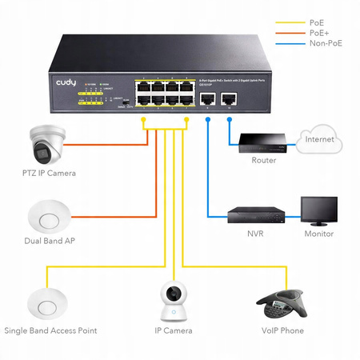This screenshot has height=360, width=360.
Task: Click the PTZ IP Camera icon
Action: (x=45, y=144)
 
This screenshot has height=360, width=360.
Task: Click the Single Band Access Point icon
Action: (x=45, y=301)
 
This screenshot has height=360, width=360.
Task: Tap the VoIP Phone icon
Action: (x=280, y=303)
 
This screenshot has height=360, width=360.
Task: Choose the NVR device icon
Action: (x=257, y=215)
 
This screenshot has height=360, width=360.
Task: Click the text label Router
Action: (x=263, y=161)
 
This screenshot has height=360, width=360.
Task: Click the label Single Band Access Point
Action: (x=51, y=330)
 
